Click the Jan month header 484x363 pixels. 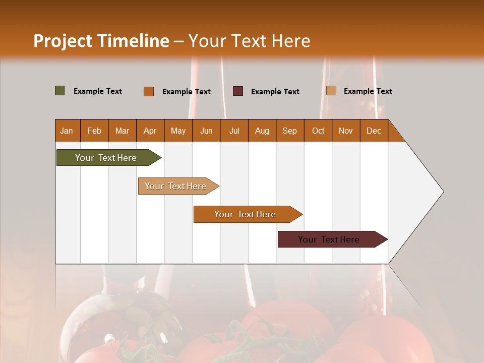pyautogui.click(x=67, y=131)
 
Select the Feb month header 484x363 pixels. pyautogui.click(x=94, y=131)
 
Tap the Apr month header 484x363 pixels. pyautogui.click(x=150, y=131)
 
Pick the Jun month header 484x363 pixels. pyautogui.click(x=206, y=131)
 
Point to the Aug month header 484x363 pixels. pyautogui.click(x=262, y=131)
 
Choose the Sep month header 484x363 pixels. pyautogui.click(x=290, y=131)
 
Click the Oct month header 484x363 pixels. pyautogui.click(x=318, y=131)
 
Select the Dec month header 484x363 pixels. pyautogui.click(x=374, y=131)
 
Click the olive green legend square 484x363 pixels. pyautogui.click(x=60, y=91)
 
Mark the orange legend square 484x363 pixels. pyautogui.click(x=149, y=91)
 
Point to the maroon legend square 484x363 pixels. pyautogui.click(x=238, y=91)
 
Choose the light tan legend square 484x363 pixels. pyautogui.click(x=331, y=91)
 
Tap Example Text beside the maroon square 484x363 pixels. pyautogui.click(x=275, y=91)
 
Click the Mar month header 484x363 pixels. pyautogui.click(x=122, y=131)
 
